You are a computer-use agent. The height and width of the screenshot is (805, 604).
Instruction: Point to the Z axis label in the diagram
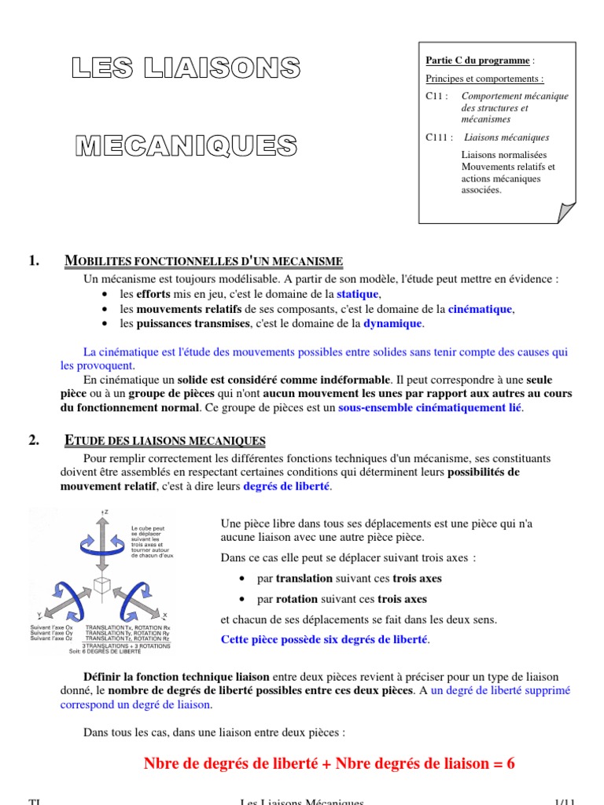[105, 512]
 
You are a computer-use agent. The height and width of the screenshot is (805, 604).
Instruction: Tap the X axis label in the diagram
[165, 615]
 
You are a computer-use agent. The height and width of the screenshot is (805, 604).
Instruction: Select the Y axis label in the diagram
[39, 614]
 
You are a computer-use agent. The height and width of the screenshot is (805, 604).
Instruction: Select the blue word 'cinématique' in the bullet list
[480, 309]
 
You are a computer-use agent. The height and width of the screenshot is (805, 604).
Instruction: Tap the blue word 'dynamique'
[392, 323]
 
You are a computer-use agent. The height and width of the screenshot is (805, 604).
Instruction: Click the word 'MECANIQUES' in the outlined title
[186, 145]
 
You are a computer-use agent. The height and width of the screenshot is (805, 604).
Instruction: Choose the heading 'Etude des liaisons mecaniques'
[164, 441]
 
